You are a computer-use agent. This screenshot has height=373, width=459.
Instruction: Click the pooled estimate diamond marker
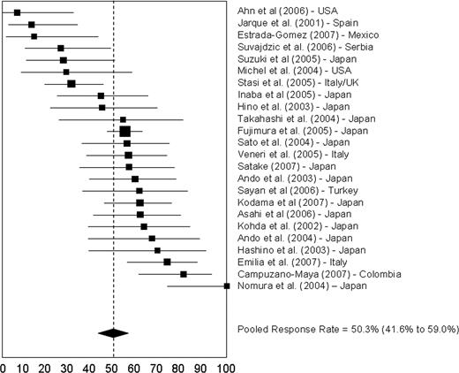(x=113, y=332)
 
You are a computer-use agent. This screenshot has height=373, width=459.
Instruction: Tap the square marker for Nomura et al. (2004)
(x=226, y=285)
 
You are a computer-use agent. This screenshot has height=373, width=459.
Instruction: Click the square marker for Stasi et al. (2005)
(x=71, y=83)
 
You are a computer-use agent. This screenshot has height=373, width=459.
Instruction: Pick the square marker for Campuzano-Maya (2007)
(x=184, y=274)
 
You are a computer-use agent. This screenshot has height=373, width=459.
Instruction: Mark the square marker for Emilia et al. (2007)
(x=167, y=262)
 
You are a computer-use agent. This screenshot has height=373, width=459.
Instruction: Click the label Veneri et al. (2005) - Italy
(x=288, y=154)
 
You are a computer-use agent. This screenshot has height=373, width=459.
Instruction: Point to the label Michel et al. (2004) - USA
(x=288, y=71)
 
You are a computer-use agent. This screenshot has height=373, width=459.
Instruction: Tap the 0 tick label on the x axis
(x=4, y=364)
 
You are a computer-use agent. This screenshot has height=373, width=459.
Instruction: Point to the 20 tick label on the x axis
(x=49, y=364)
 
